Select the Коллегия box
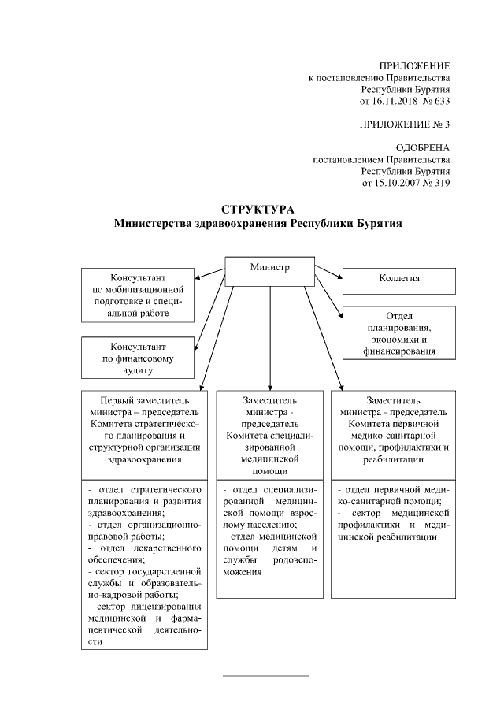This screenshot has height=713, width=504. [398, 280]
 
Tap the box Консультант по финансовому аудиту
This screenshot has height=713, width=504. [139, 358]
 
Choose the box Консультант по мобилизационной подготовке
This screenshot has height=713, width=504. [139, 295]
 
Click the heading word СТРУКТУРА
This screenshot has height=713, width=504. [258, 210]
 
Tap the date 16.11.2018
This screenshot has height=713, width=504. [385, 102]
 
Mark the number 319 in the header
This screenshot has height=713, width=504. [441, 184]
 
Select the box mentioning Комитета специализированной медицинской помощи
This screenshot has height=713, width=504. [270, 433]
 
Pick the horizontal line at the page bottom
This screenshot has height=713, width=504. [267, 675]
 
